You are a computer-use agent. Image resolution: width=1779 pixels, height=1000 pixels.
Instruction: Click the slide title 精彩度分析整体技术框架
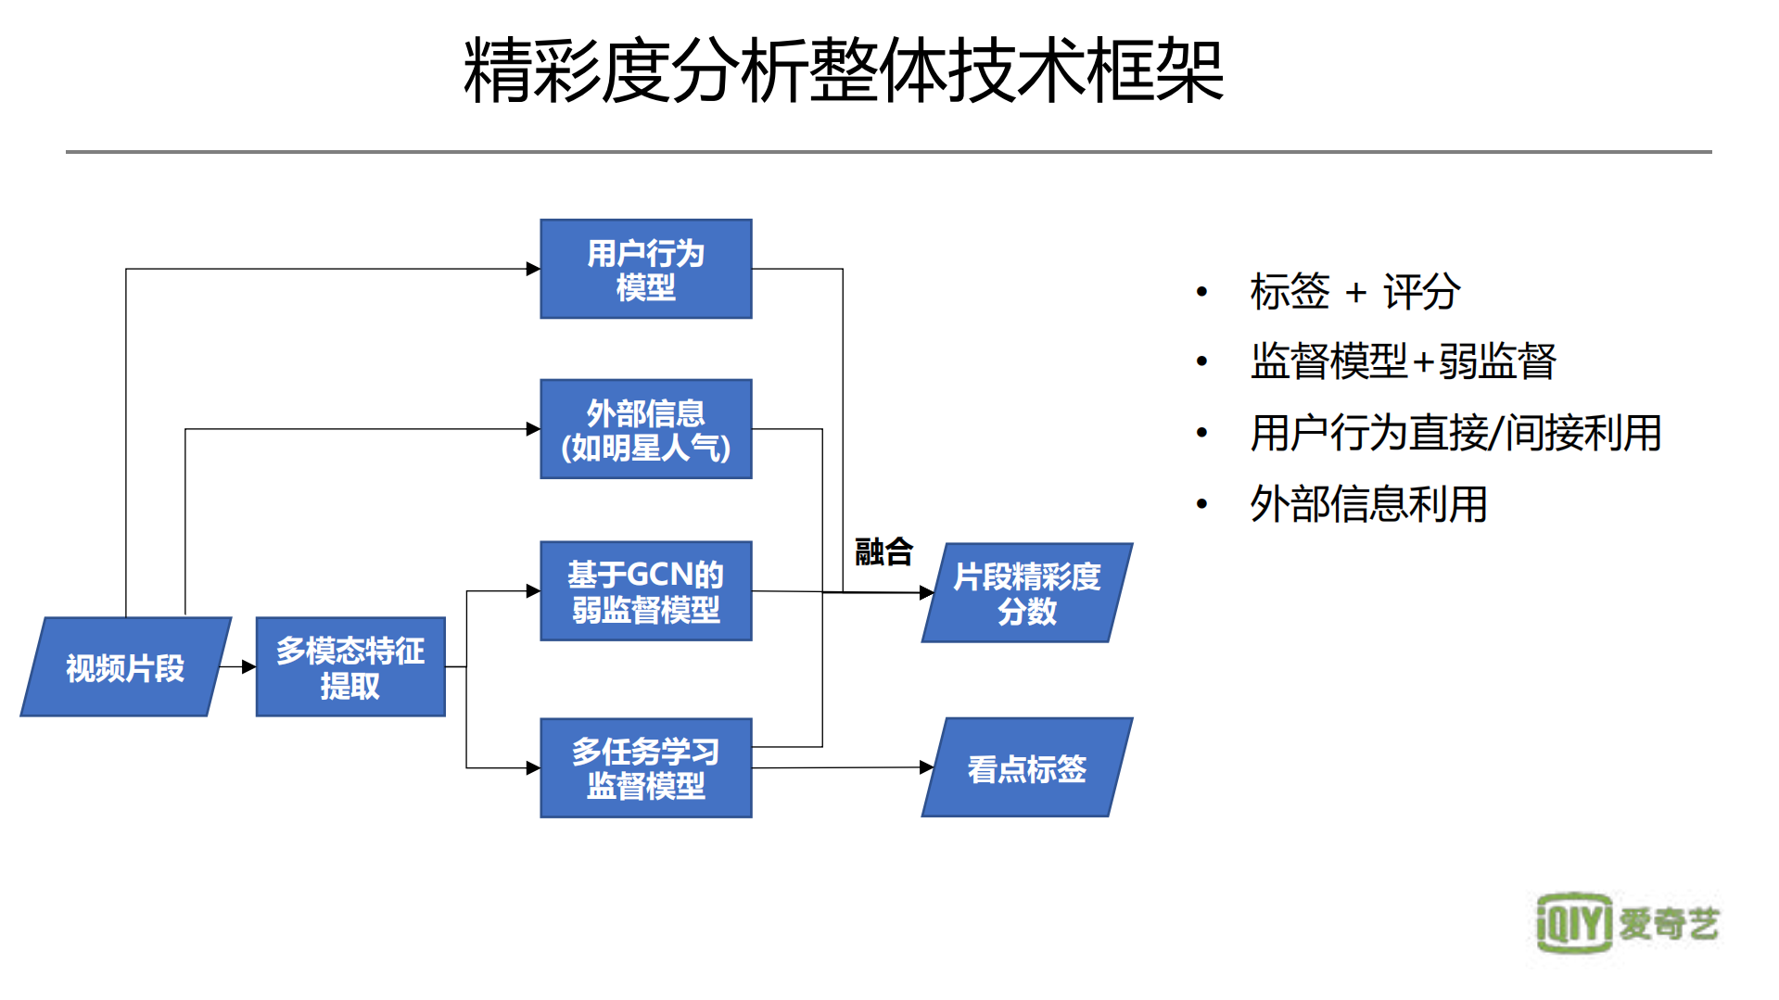pos(844,72)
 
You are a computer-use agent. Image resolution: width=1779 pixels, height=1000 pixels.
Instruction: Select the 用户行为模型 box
pos(645,270)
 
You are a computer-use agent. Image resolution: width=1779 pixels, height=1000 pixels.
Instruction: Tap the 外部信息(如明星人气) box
pos(645,429)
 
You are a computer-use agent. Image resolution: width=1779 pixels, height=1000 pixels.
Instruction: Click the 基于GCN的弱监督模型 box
pos(645,591)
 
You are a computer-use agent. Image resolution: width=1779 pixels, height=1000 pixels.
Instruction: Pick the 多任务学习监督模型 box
pos(645,768)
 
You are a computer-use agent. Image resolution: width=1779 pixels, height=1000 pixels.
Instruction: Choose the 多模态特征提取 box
pos(350,667)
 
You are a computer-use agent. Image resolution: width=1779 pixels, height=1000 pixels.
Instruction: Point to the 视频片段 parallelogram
pos(125,667)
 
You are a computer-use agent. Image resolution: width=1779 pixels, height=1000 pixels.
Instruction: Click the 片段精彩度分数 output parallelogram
pos(1026,593)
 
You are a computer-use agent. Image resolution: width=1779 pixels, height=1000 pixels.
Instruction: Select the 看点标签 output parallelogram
pos(1026,768)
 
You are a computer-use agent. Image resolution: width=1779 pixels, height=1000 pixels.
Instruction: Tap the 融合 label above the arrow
pos(883,552)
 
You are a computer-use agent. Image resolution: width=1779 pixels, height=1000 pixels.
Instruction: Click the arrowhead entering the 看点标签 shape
pos(926,767)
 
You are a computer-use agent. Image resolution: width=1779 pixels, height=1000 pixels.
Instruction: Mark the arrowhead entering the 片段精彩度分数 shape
pos(926,592)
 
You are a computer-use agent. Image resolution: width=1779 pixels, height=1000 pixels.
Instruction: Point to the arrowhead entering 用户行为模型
pos(533,270)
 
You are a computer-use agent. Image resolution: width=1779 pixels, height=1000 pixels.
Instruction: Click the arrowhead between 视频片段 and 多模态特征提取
pos(248,667)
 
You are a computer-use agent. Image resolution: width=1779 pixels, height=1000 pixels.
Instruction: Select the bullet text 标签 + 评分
pos(1354,293)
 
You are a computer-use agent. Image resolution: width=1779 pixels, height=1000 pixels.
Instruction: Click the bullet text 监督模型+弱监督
pos(1403,362)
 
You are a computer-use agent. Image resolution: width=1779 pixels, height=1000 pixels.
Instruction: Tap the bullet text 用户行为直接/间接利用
pos(1455,434)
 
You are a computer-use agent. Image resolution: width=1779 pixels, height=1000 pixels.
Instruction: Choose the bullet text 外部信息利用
pos(1368,505)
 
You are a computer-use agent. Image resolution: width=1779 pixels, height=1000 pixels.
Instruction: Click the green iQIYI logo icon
pos(1573,923)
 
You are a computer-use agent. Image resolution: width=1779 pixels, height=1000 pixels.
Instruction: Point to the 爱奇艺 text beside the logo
pos(1669,924)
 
